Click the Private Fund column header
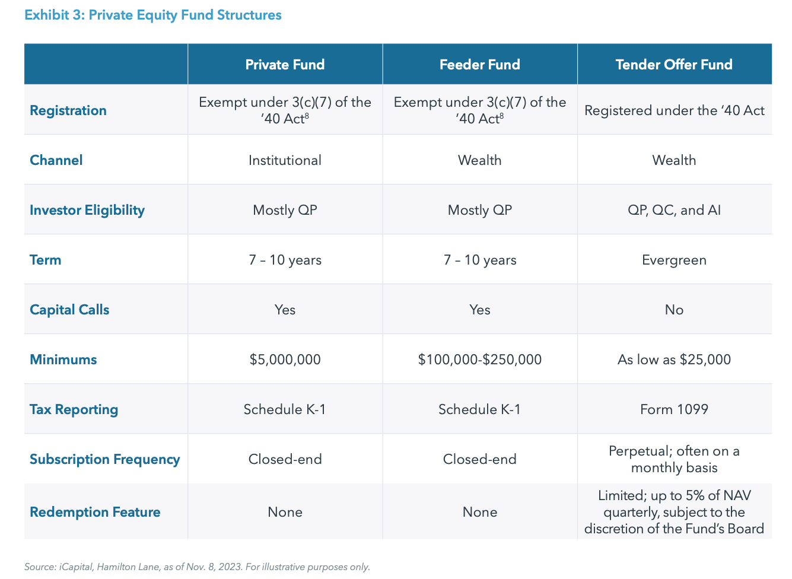click(285, 65)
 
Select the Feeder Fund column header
click(479, 65)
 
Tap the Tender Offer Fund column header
click(674, 65)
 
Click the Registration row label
click(68, 110)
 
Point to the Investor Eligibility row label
click(87, 210)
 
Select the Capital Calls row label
click(69, 310)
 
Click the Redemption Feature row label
click(95, 512)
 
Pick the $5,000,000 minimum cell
click(285, 360)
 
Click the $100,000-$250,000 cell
click(479, 360)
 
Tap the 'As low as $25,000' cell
click(674, 360)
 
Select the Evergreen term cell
click(674, 260)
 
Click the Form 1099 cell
click(674, 409)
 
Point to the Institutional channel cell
click(285, 160)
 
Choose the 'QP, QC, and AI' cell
click(674, 210)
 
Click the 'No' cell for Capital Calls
click(674, 310)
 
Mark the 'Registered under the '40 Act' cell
click(674, 110)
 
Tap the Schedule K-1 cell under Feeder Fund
click(479, 409)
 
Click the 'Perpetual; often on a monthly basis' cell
click(674, 459)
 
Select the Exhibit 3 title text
click(153, 15)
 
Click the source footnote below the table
click(197, 567)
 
